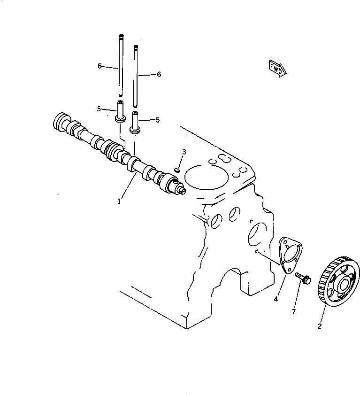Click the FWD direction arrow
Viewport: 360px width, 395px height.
277,68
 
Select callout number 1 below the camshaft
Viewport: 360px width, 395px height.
119,201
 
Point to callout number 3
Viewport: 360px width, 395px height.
184,152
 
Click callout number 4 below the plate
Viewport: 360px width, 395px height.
276,299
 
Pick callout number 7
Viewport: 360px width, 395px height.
294,312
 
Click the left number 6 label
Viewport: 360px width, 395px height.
100,66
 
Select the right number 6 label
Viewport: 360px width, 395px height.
159,74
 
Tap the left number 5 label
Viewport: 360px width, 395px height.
99,109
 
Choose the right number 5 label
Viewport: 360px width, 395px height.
157,120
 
